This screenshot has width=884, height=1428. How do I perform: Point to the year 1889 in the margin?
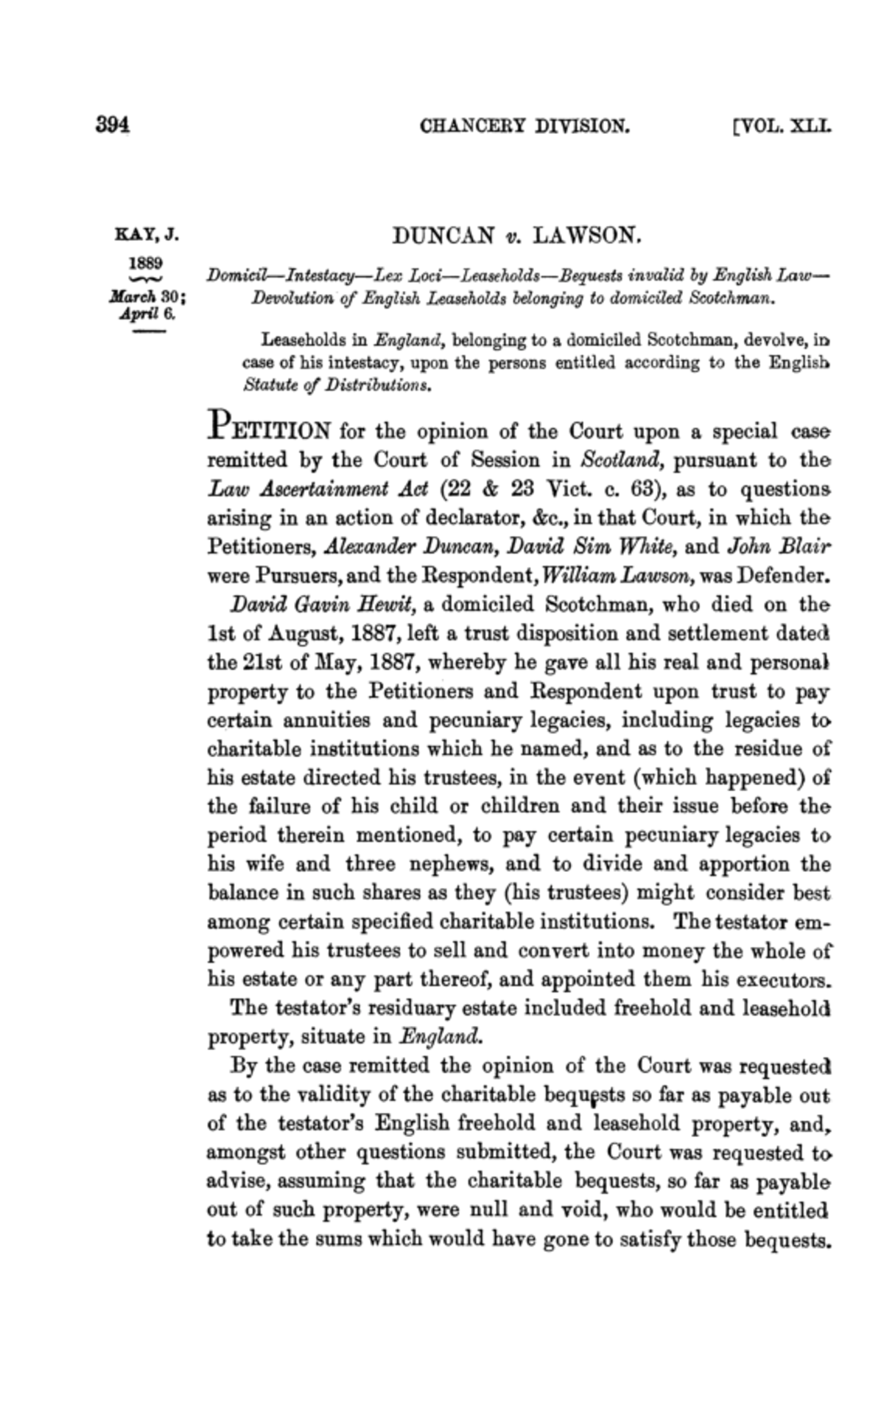[146, 263]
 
